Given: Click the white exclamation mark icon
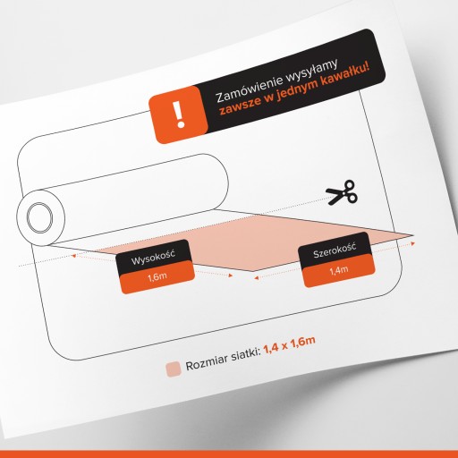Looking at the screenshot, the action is pos(179,114).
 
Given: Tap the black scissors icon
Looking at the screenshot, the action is pos(342,192).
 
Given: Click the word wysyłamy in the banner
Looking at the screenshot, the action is pos(312,71).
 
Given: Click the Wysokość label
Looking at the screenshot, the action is pos(153,258).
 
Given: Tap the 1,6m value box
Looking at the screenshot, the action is pos(157,277).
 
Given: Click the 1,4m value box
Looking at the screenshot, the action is pos(339,271).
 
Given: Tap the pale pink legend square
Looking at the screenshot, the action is pos(174,369).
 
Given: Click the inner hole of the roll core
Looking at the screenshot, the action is pos(39,217).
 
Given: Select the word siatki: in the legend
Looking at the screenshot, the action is pos(246,355).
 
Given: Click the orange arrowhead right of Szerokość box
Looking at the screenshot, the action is pos(412,243).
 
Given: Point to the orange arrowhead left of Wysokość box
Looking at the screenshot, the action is pos(74,256).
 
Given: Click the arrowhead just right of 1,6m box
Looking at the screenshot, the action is pos(230,276).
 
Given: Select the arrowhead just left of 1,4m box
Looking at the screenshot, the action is pos(256,278).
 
